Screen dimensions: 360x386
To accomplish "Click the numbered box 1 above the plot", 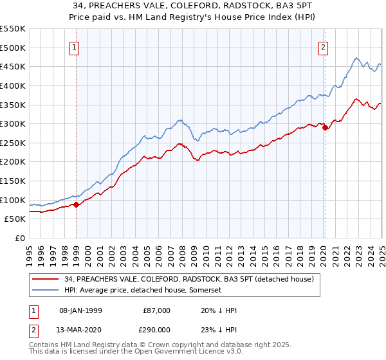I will coord(75,47).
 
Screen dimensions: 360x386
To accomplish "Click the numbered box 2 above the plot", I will coord(323,47).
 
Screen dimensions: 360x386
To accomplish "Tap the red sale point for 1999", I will coord(77,204).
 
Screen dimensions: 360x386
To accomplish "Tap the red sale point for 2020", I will coord(325,127).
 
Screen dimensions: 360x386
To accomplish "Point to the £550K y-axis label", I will coord(13,29).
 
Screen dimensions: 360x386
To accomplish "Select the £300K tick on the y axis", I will coord(13,123).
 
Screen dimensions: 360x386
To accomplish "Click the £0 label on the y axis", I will coord(20,238).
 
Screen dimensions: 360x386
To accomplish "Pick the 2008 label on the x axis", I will coord(183,252).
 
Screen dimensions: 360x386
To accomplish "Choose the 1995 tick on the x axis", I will coord(30,252).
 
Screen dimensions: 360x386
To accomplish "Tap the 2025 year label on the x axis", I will coord(382,252).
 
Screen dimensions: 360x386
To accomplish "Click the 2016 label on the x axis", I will coord(277,252).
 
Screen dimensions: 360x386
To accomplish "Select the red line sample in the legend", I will coord(46,279).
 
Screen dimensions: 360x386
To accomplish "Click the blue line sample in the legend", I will coord(46,291).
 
